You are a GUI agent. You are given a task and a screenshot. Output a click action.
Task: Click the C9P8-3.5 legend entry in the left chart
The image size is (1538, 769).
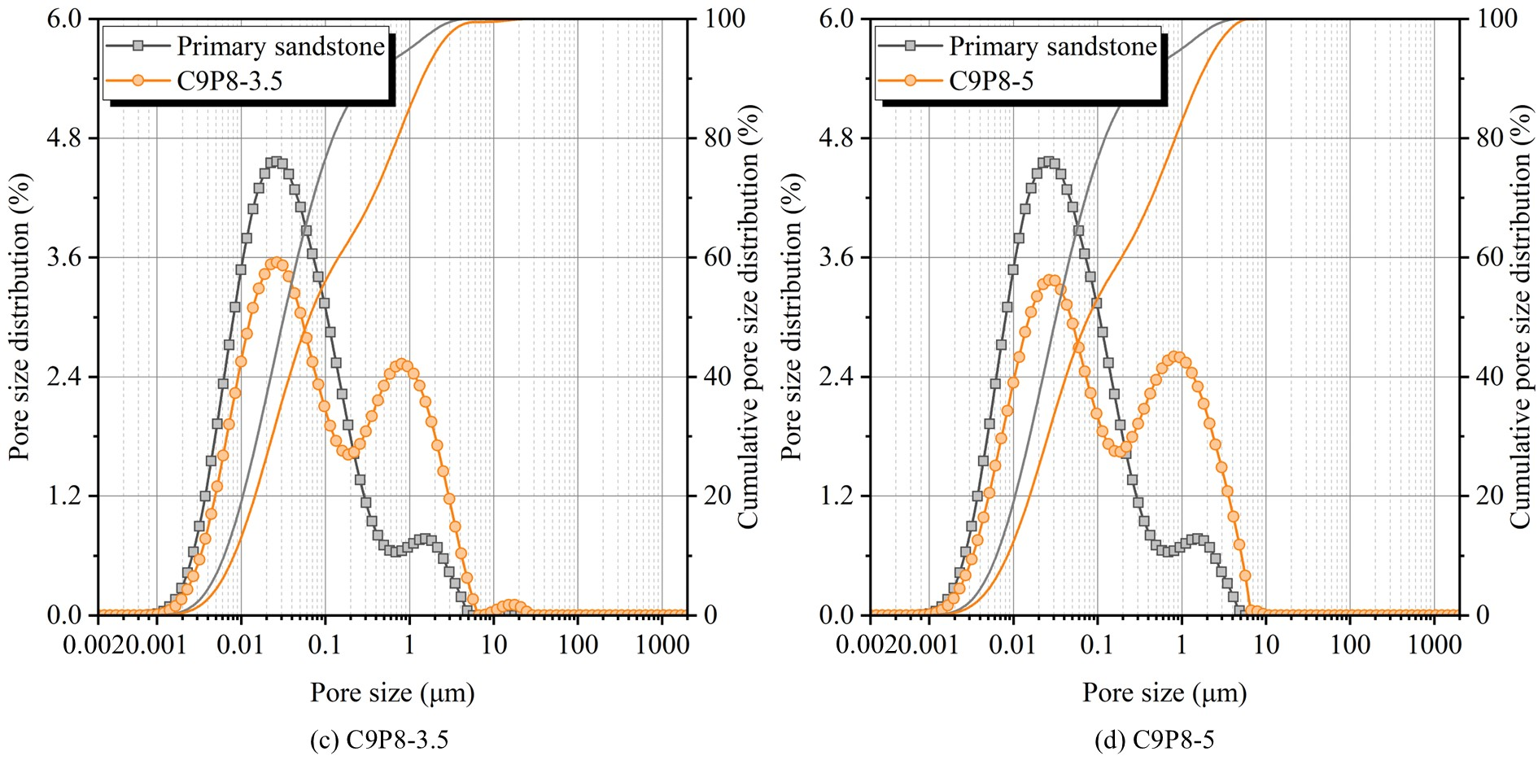229,81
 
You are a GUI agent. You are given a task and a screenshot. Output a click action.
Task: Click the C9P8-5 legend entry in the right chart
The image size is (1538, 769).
990,81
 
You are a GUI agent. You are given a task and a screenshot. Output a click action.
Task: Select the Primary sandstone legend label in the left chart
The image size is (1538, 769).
280,46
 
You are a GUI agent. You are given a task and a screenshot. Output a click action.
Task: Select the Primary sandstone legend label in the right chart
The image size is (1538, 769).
1052,46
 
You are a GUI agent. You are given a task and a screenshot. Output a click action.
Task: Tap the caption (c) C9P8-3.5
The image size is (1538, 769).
379,740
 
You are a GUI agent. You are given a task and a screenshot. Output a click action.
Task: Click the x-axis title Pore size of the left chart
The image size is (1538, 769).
392,693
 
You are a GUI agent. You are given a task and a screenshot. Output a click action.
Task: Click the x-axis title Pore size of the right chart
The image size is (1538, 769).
1164,693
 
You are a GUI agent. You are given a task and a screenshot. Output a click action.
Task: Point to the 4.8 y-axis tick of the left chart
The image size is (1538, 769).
64,138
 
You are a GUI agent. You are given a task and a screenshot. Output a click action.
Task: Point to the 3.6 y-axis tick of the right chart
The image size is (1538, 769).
837,257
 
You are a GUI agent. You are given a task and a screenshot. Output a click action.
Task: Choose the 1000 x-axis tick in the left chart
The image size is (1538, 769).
662,645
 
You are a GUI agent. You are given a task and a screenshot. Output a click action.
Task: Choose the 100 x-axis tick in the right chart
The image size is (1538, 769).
1350,645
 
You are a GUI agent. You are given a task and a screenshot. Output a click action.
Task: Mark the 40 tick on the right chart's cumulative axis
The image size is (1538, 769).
1490,377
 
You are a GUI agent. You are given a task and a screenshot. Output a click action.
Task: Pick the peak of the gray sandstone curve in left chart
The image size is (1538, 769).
275,162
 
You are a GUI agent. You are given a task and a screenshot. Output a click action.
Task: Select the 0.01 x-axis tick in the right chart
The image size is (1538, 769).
1012,645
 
